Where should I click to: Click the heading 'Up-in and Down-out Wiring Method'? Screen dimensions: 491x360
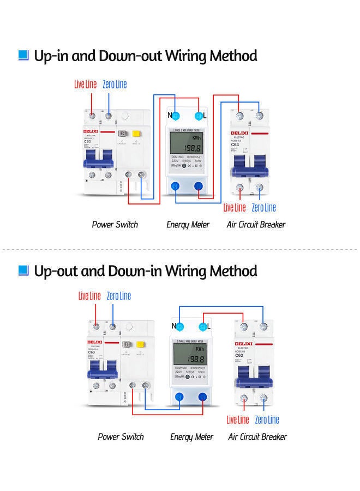145,56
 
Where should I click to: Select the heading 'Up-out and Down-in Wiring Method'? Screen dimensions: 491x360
145,271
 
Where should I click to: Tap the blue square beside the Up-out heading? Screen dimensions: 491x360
23,271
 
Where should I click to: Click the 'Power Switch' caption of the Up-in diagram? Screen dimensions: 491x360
115,224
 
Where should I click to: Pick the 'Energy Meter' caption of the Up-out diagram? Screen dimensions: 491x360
191,436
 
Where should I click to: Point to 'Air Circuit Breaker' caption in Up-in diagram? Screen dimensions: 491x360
256,224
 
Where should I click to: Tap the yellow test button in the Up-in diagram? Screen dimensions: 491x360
136,134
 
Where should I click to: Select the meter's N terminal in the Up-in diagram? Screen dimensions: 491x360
176,115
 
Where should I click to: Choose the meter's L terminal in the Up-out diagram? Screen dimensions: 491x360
204,327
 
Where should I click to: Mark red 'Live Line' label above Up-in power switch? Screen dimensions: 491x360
86,85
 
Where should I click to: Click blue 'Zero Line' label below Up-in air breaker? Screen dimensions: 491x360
264,207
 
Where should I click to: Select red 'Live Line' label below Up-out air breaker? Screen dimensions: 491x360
238,420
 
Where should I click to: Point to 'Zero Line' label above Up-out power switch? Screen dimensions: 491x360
118,296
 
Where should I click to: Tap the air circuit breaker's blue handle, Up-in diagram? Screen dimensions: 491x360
250,161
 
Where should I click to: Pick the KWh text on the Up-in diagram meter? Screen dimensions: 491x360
197,139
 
